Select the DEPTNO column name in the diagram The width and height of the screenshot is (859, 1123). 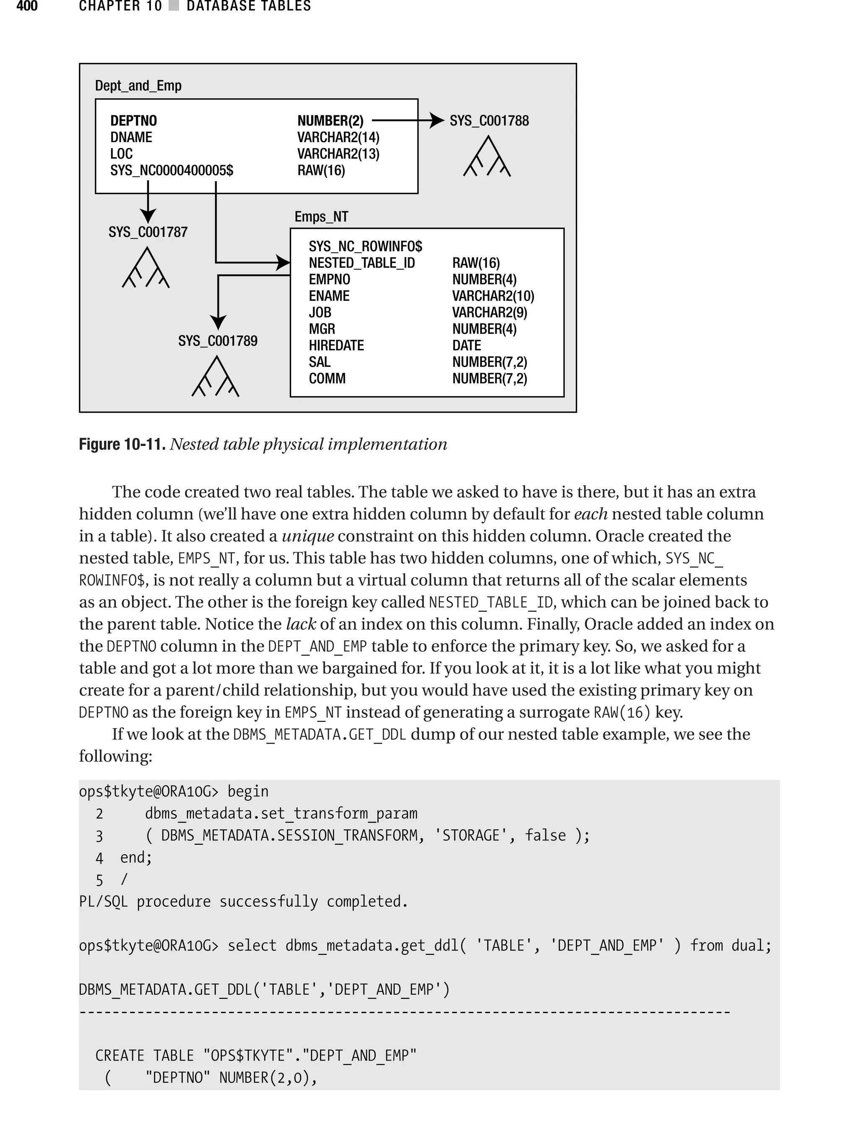point(133,121)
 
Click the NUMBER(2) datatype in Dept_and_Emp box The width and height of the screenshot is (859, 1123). point(331,121)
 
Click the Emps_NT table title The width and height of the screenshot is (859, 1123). point(321,217)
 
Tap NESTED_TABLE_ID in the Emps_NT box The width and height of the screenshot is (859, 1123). point(362,263)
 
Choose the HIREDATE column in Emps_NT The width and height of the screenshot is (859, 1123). point(336,346)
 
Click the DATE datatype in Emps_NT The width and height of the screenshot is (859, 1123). point(466,346)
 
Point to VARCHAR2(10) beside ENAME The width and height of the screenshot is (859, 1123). point(493,296)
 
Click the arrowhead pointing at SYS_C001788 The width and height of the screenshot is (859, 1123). point(437,121)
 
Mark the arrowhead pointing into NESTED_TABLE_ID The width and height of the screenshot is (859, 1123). point(283,263)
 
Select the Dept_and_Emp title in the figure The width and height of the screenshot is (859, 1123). point(138,86)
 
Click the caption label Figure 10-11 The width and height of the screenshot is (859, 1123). point(122,444)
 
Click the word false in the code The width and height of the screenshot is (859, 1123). point(545,835)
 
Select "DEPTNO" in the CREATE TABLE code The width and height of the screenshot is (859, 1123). point(177,1078)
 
